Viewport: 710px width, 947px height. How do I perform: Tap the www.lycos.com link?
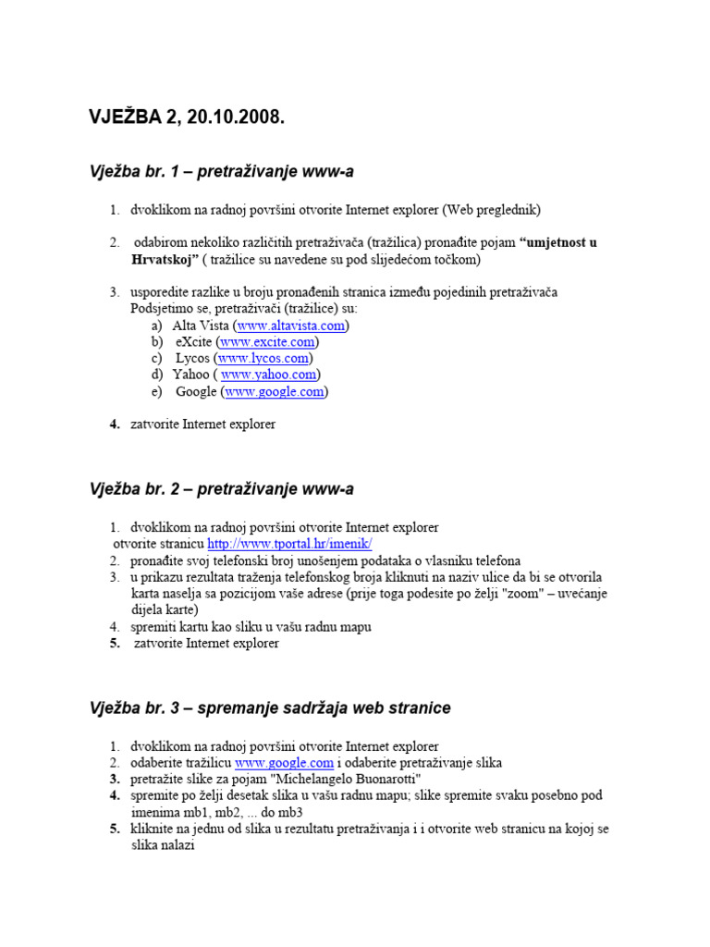(x=263, y=359)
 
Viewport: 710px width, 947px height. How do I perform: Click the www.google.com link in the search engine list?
(x=275, y=392)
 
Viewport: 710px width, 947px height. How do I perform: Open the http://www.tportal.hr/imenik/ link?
(x=289, y=544)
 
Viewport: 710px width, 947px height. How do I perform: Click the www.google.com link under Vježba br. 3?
(x=284, y=763)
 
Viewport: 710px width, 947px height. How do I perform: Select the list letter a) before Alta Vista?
(x=158, y=326)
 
